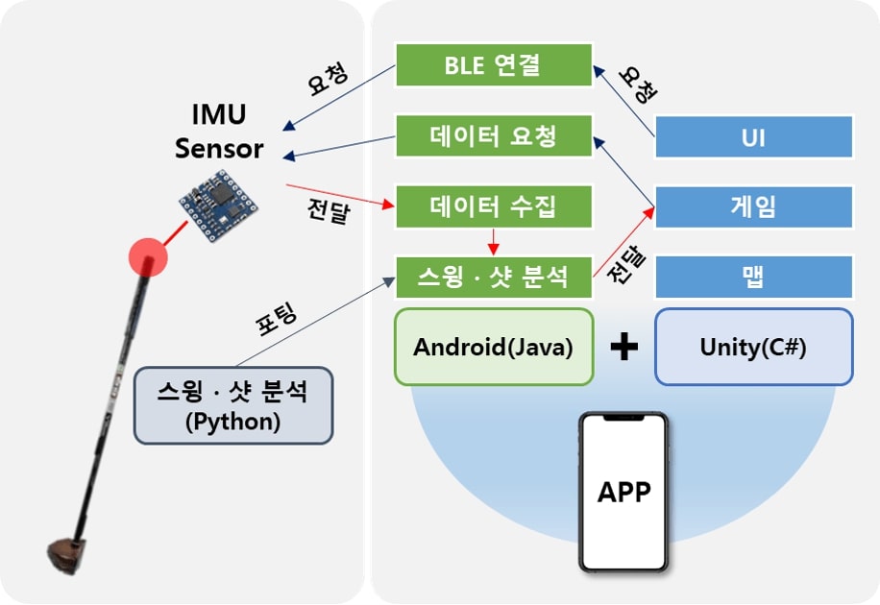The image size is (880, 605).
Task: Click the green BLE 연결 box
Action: (493, 65)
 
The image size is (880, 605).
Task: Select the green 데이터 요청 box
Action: (493, 135)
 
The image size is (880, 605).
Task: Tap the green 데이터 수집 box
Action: (493, 206)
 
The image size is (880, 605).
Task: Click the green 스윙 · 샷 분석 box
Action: (493, 277)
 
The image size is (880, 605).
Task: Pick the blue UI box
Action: (754, 136)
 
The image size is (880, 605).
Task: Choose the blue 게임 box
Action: (754, 206)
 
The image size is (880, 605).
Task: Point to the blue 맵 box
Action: (754, 277)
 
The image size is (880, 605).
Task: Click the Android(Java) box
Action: (494, 347)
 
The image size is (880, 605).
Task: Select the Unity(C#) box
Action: (754, 347)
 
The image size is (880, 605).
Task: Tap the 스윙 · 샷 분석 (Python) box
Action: (232, 405)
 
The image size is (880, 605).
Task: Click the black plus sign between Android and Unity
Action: (624, 347)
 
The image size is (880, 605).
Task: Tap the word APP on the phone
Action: (623, 493)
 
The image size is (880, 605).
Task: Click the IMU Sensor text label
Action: (219, 132)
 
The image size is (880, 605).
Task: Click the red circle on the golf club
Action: (148, 254)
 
